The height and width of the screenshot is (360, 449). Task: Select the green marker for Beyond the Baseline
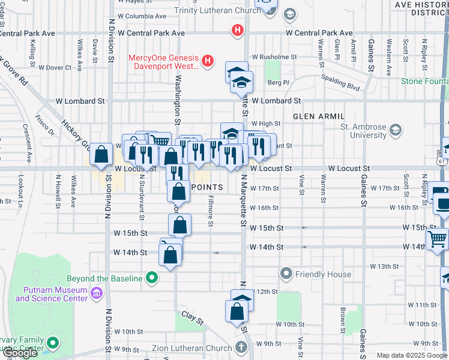point(152,278)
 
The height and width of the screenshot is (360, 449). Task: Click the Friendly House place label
point(323,274)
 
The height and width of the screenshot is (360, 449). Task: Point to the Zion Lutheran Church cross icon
point(241,347)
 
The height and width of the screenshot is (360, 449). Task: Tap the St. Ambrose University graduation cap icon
point(396,129)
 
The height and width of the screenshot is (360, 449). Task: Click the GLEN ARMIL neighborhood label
point(318,116)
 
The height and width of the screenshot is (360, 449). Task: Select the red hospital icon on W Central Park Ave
point(238,29)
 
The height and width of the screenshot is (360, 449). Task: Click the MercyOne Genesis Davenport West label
point(163,62)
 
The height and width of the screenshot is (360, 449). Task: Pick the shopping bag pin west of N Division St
point(101,155)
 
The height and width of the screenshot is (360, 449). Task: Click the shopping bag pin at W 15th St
point(179,225)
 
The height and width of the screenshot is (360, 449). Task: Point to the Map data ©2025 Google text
point(411,356)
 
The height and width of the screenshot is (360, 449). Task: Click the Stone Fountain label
point(424,81)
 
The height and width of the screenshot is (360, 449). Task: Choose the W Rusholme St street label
point(274,57)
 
